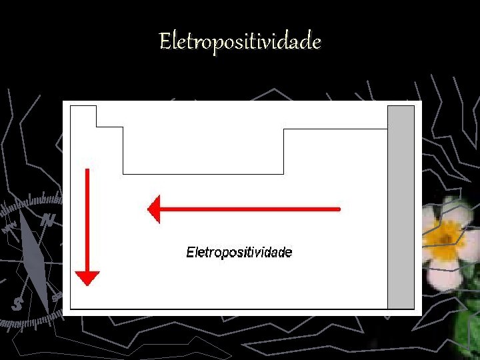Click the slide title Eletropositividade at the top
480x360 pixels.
240,43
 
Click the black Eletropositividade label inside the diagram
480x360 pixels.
239,253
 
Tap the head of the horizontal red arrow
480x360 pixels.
154,209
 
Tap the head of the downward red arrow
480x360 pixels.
87,277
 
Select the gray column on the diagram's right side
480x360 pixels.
401,207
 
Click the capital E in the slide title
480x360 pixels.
165,43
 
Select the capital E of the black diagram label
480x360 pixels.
190,253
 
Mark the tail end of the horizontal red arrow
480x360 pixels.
339,209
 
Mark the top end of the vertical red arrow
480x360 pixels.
87,171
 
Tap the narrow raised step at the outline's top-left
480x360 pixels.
83,115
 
